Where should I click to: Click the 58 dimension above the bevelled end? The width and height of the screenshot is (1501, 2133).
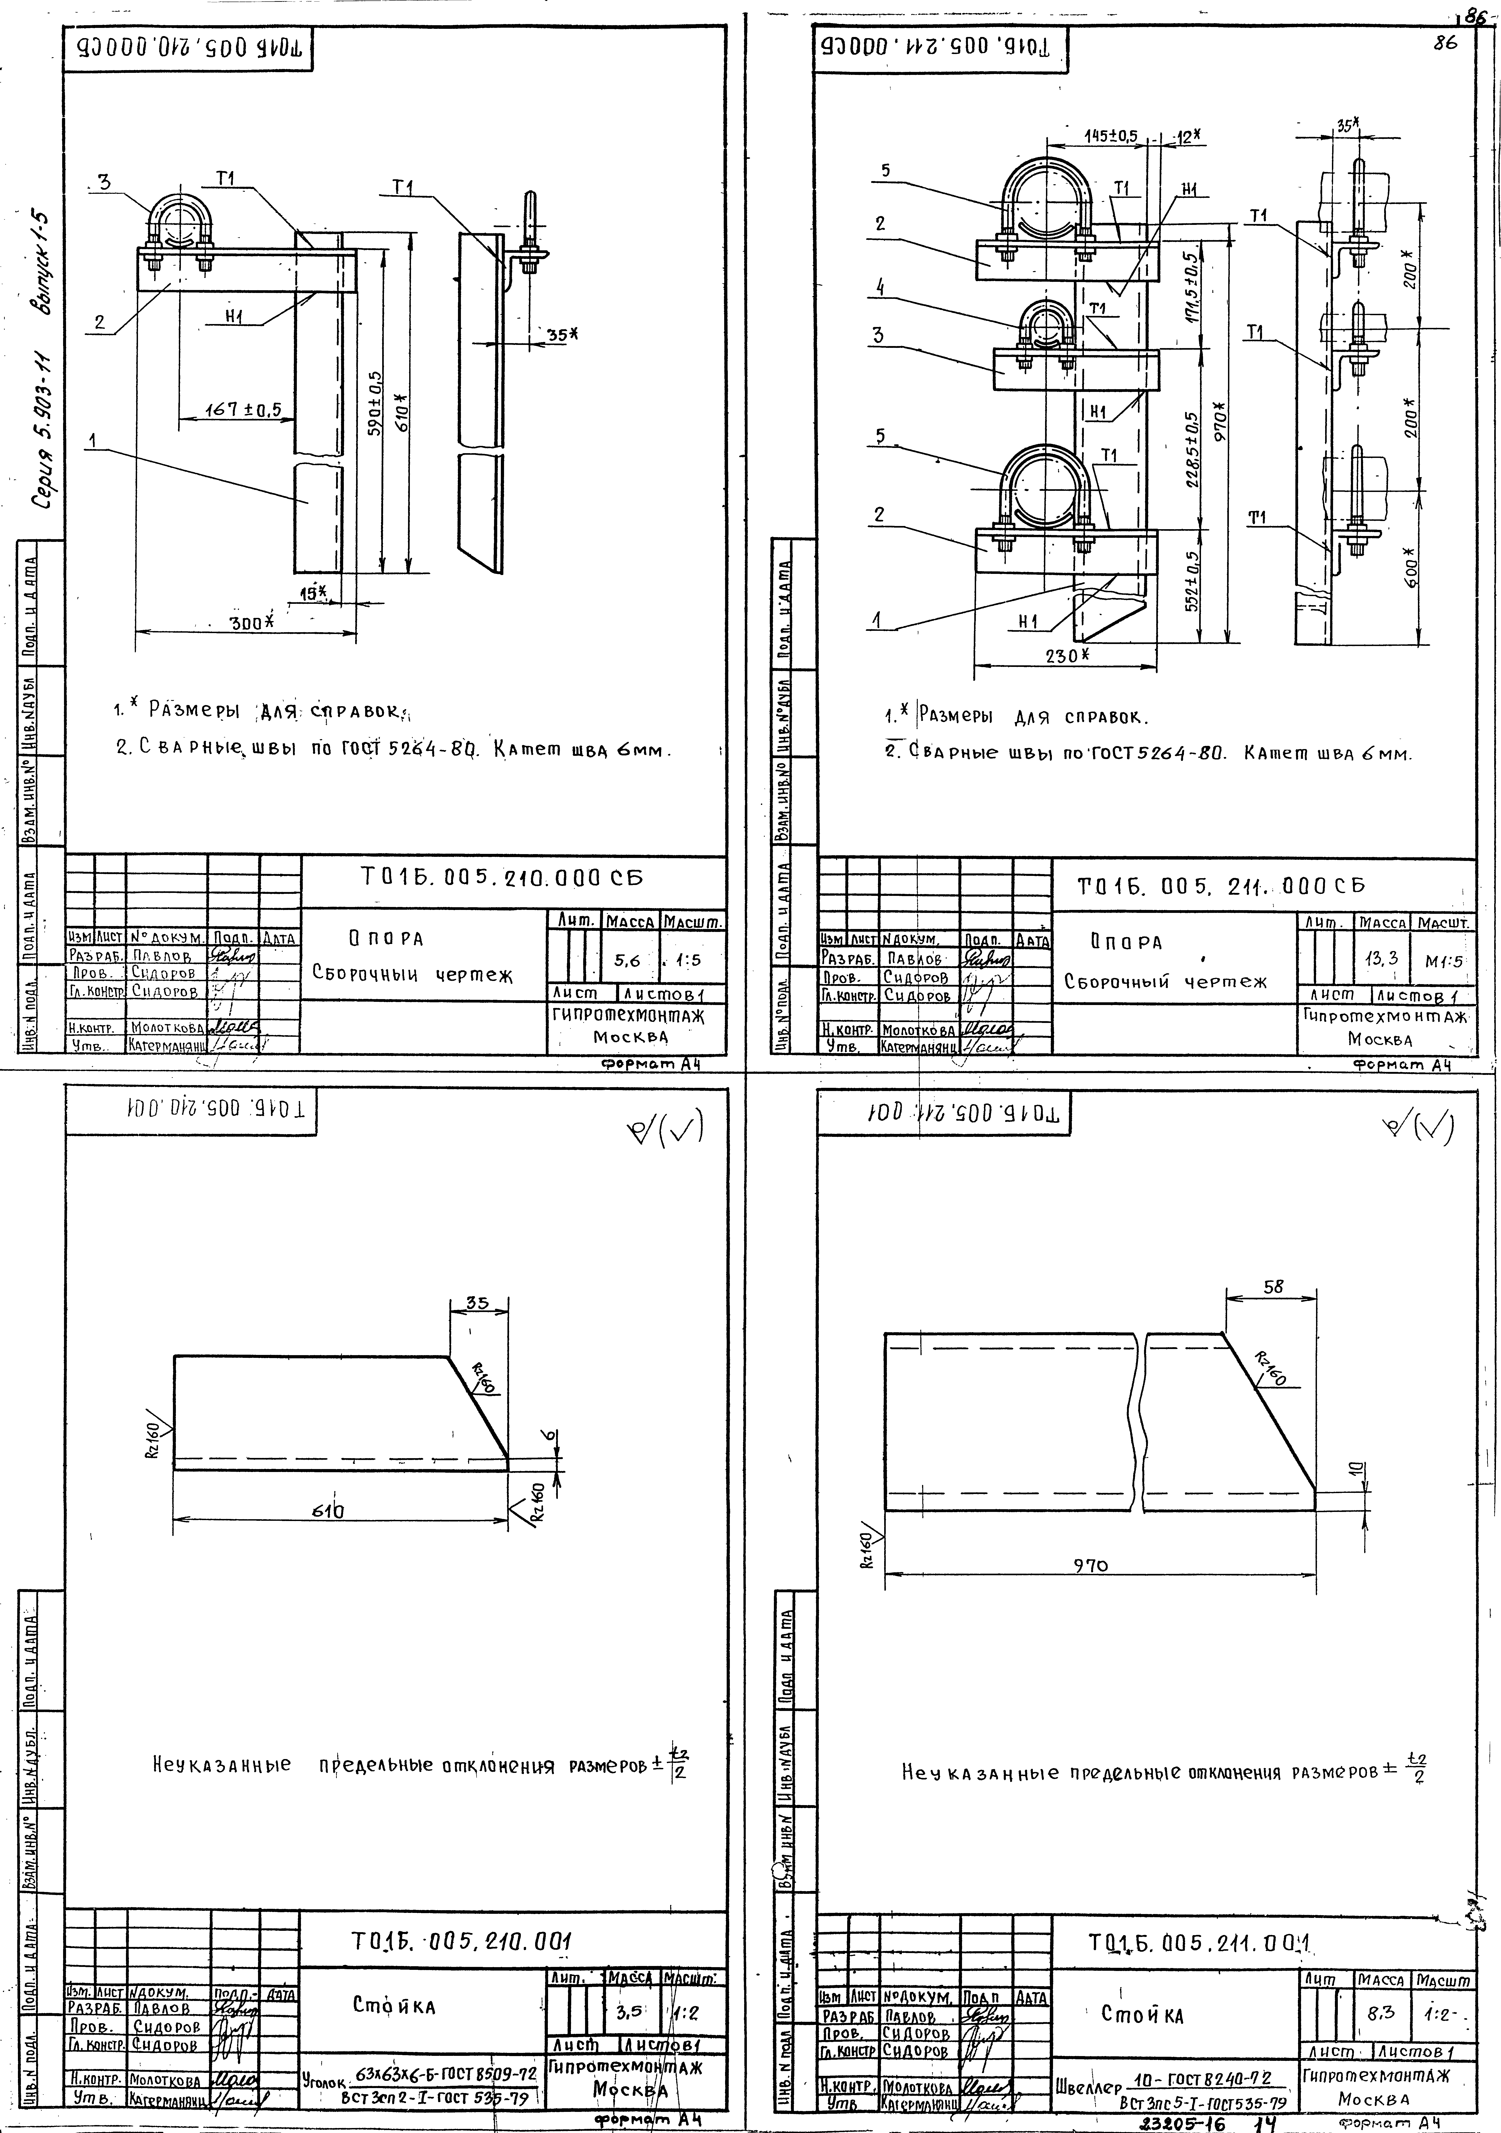pyautogui.click(x=1273, y=1287)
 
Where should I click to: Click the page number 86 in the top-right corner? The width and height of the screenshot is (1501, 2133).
pyautogui.click(x=1445, y=43)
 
